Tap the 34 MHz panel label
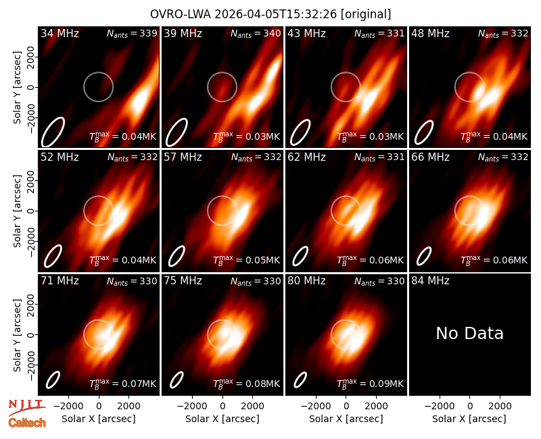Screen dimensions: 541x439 60,33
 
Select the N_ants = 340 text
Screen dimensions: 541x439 256,33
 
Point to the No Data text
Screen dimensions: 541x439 469,333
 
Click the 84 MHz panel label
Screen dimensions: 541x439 430,281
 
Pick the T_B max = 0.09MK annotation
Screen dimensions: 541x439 370,383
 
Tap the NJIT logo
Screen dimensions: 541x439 26,407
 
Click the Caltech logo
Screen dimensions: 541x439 27,423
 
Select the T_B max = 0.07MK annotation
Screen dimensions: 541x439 123,383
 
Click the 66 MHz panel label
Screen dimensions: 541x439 430,157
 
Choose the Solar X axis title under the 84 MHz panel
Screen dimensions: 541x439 469,419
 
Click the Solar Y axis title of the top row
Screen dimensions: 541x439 17,88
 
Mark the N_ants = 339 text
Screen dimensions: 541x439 132,33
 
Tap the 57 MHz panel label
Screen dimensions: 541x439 183,157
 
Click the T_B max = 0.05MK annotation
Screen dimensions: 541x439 246,260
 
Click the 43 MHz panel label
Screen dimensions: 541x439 307,33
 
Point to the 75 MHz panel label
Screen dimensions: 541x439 183,281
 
